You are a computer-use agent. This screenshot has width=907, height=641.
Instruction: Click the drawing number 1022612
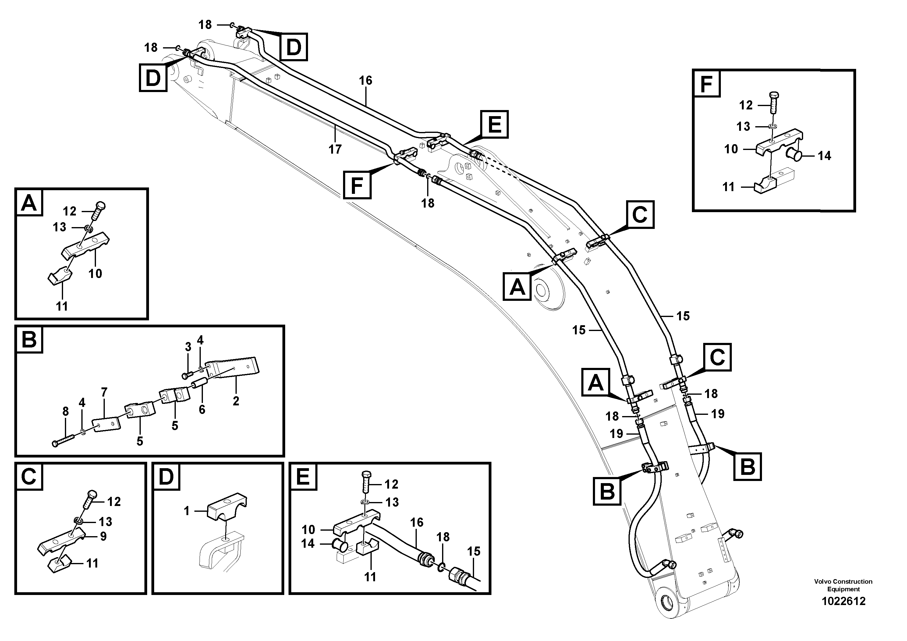[x=843, y=601]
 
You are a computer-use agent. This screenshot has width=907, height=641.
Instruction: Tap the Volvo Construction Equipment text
[x=843, y=585]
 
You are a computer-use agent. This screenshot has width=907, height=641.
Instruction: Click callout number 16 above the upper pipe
[x=365, y=80]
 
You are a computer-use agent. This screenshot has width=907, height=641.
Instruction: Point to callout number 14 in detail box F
[x=824, y=156]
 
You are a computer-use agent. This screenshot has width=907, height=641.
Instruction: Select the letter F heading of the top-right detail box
[x=706, y=84]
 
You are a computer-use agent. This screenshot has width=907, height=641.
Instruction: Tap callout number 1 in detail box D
[x=187, y=511]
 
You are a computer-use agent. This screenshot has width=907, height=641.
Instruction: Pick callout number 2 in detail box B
[x=236, y=401]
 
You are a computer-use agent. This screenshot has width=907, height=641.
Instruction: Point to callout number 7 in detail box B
[x=104, y=392]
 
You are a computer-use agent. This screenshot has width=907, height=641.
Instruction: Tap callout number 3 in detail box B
[x=188, y=347]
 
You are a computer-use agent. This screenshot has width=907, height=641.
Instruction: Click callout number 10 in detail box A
[x=95, y=273]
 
